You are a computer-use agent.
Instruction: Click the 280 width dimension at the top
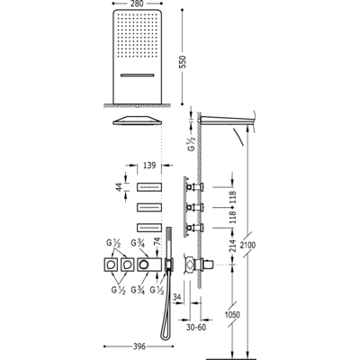coord(138,4)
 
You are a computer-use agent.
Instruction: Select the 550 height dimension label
coord(183,61)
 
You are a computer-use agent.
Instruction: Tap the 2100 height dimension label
coord(248,245)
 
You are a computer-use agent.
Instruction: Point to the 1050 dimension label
coord(232,314)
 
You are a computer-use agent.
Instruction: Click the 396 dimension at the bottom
coord(139,346)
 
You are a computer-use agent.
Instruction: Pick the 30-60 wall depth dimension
coord(196,328)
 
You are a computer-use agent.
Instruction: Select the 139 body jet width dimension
coord(149,166)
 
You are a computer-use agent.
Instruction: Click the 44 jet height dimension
coord(119,187)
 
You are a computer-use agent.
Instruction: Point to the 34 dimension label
coord(177,297)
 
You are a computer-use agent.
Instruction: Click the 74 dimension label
coord(157,242)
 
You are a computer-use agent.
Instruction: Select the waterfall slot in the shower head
coord(138,75)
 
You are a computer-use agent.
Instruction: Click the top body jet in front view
coord(149,187)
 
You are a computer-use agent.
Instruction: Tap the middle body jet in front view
coord(149,207)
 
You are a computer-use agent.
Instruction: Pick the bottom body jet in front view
coord(149,228)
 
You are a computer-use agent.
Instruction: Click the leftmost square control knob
coord(111,265)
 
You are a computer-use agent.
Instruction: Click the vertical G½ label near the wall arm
coord(193,143)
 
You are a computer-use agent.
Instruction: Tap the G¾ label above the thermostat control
coord(138,243)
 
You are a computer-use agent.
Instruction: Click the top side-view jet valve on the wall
coord(195,187)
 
